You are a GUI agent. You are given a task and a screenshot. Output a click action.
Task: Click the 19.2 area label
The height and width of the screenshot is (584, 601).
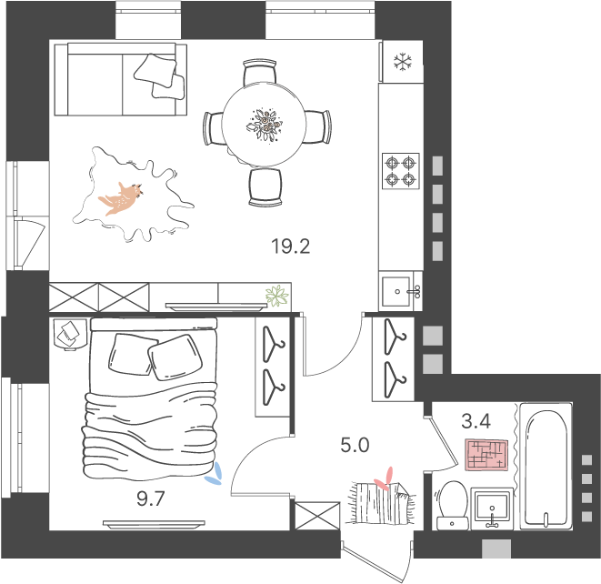coord(291,247)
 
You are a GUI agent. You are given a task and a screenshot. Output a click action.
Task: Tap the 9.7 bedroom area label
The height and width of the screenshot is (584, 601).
coord(151,498)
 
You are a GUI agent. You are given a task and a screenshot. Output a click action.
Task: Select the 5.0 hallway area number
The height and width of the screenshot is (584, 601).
coord(355,445)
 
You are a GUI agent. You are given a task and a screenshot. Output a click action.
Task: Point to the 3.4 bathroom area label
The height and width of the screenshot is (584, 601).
coord(476,421)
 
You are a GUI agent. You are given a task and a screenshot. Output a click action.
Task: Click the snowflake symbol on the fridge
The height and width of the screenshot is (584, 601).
coord(403,62)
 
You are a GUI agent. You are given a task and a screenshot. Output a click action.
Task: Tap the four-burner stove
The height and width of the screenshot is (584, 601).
coord(401,171)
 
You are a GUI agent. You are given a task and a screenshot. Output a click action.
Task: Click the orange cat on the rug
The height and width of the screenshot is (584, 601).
coord(121,198)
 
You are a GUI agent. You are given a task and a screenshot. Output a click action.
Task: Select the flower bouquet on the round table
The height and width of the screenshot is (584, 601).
coord(264,125)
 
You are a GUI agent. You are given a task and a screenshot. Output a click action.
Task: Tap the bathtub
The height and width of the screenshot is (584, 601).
coord(546,467)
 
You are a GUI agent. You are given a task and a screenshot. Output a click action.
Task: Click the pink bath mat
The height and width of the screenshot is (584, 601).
coord(486,455)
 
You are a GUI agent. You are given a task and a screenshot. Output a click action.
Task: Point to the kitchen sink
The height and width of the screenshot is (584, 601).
coord(401,291)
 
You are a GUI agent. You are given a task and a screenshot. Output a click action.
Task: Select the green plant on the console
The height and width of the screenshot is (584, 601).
coord(276,296)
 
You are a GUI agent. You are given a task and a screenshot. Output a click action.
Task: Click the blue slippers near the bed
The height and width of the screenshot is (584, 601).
coord(215,474)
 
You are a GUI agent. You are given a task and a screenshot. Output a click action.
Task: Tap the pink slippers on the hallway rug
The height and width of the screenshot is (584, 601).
coord(385,478)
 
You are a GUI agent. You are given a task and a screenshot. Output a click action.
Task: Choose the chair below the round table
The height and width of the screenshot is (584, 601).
coord(265,186)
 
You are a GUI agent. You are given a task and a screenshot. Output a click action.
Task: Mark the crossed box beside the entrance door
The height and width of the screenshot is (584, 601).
coord(317,516)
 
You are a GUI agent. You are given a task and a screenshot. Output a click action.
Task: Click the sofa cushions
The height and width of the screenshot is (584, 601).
coord(159,76)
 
